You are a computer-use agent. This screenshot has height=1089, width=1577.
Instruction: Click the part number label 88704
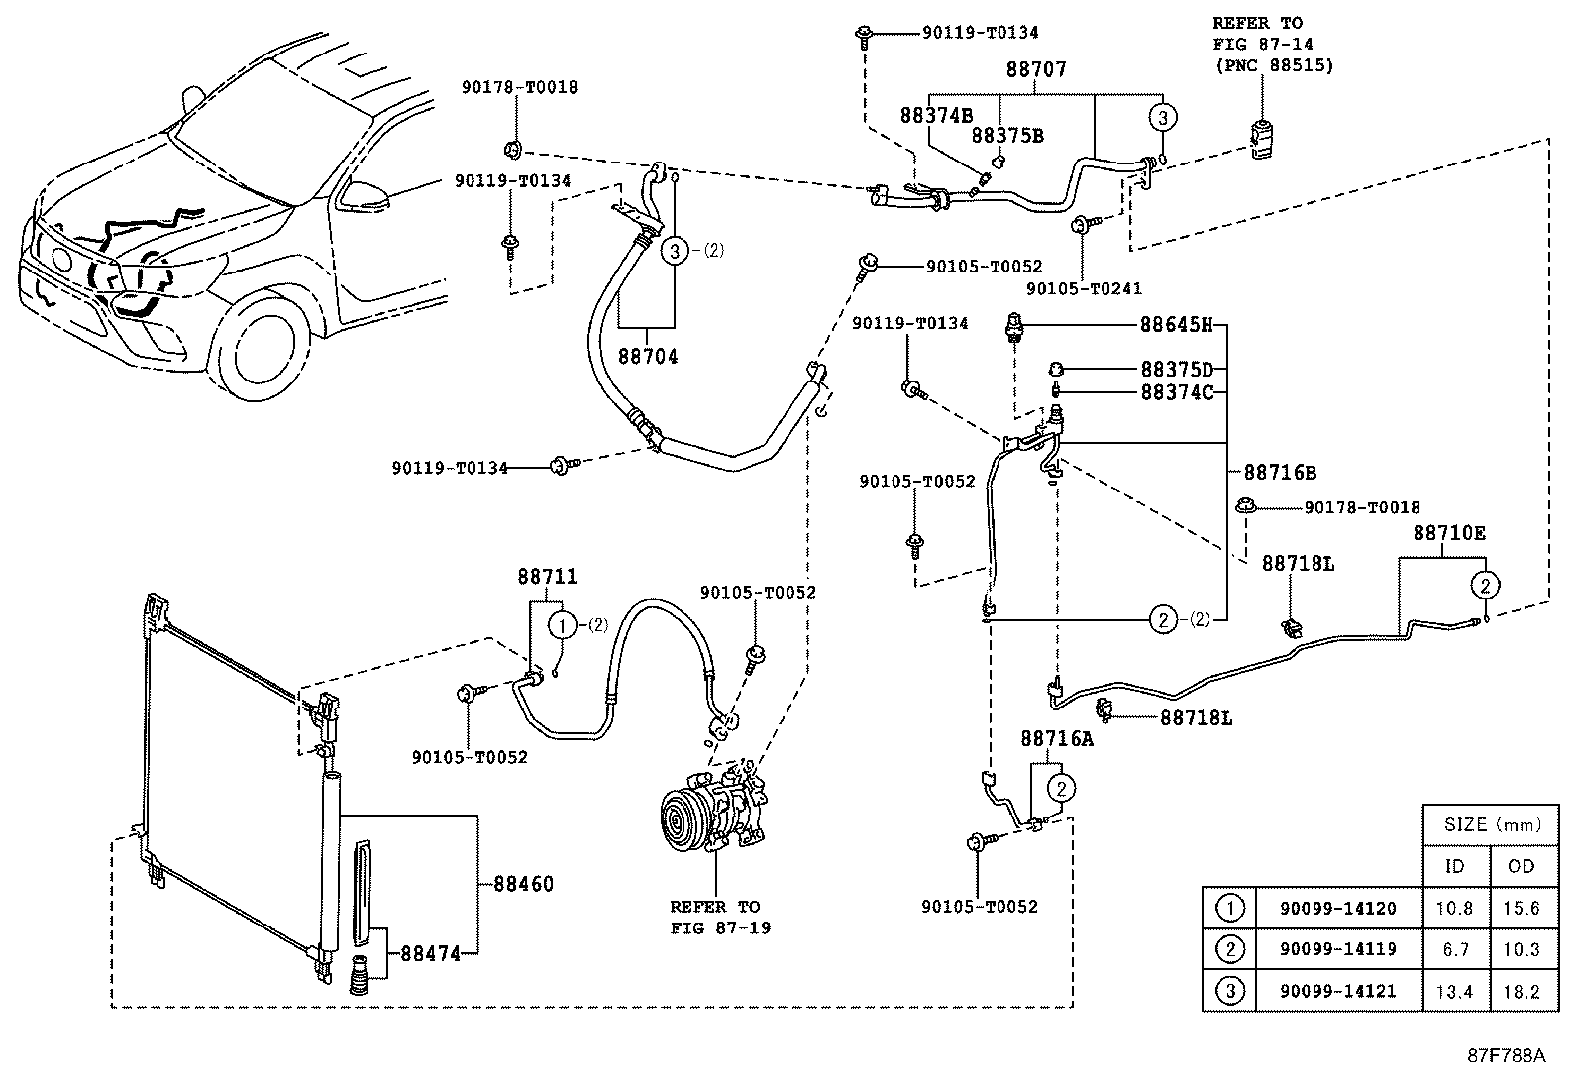click(x=648, y=357)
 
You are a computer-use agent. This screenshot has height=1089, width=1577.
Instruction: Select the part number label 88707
click(x=1035, y=69)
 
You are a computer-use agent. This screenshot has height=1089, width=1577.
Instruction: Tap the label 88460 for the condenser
click(x=523, y=884)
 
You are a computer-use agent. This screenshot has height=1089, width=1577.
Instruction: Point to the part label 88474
click(x=430, y=954)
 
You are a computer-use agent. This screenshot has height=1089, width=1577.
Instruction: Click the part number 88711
click(x=547, y=576)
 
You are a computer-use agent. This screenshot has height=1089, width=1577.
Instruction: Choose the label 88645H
click(x=1177, y=325)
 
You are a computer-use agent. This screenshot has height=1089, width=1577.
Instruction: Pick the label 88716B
click(x=1280, y=472)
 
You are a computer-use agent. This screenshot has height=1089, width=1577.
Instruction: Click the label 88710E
click(x=1449, y=533)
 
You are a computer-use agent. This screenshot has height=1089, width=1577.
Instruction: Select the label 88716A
click(x=1057, y=738)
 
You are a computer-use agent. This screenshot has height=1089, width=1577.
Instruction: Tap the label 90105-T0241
click(x=1084, y=288)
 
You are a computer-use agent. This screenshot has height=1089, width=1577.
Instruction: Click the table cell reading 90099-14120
click(x=1337, y=908)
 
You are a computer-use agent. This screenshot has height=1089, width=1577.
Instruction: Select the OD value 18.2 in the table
click(x=1522, y=992)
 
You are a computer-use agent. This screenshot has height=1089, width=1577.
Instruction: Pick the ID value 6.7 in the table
click(x=1455, y=950)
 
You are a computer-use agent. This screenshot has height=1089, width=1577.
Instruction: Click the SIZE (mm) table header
click(x=1493, y=824)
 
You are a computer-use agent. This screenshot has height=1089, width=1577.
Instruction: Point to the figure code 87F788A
click(x=1507, y=1056)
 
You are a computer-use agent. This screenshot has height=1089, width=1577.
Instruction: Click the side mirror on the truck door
click(x=364, y=195)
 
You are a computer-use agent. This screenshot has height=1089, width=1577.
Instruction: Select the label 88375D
click(x=1177, y=369)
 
